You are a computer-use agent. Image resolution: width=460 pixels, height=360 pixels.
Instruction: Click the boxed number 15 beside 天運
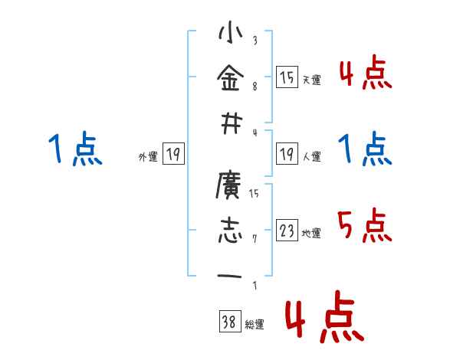[x=287, y=78]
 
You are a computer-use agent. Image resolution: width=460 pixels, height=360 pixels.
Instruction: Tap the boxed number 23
[x=287, y=231]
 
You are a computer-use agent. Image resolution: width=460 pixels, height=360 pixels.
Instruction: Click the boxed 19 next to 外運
[x=172, y=155]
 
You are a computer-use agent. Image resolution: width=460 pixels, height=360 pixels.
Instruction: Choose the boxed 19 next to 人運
[x=287, y=155]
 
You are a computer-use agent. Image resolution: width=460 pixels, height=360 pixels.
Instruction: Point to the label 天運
[x=311, y=80]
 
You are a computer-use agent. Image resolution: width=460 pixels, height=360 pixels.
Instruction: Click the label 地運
[x=311, y=233]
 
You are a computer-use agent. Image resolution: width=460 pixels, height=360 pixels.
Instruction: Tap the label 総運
[x=255, y=325]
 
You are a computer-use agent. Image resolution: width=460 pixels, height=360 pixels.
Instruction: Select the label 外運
[x=148, y=157]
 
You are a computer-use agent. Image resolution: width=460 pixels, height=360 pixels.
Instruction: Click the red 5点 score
[x=365, y=225]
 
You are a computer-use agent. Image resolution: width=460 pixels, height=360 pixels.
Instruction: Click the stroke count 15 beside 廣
[x=254, y=193]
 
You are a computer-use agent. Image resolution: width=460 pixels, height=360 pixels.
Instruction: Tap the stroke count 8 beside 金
[x=254, y=87]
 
